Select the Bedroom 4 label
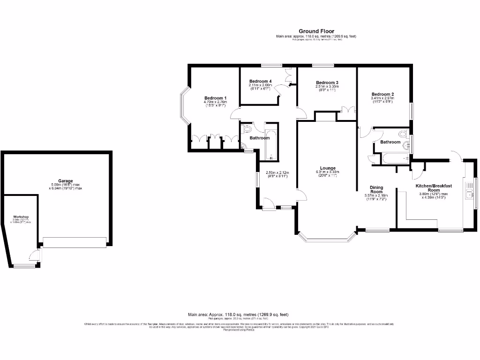[x=260, y=81]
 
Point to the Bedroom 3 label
[x=327, y=82]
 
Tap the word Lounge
[x=327, y=168]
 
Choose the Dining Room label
[x=376, y=189]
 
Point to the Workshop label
[x=22, y=217]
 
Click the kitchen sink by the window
[x=469, y=191]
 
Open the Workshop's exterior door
[x=34, y=255]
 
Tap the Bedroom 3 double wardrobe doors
[x=348, y=110]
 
